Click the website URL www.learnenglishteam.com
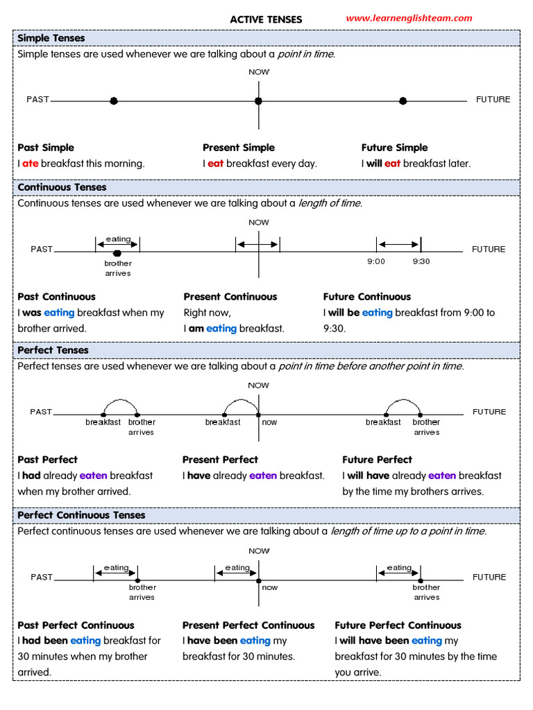coord(409,18)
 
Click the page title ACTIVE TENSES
coord(266,19)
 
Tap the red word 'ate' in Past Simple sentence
coord(30,164)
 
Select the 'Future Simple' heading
coord(394,148)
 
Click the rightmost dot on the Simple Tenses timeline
coord(403,101)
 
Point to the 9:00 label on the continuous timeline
coord(376,261)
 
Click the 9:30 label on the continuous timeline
coord(421,261)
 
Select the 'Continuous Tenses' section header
coord(62,187)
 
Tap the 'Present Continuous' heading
coord(230,297)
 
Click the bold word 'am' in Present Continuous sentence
coord(196,329)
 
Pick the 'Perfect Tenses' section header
coord(53,350)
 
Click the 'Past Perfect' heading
coord(47,460)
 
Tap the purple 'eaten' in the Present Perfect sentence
coord(262,476)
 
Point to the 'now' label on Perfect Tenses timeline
coord(269,422)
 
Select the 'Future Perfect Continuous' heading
coord(398,625)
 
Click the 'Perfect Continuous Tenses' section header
coord(81,515)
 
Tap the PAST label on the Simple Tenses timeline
coord(38,99)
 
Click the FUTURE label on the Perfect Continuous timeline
coord(489,577)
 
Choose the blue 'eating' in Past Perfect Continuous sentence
coord(85,641)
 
